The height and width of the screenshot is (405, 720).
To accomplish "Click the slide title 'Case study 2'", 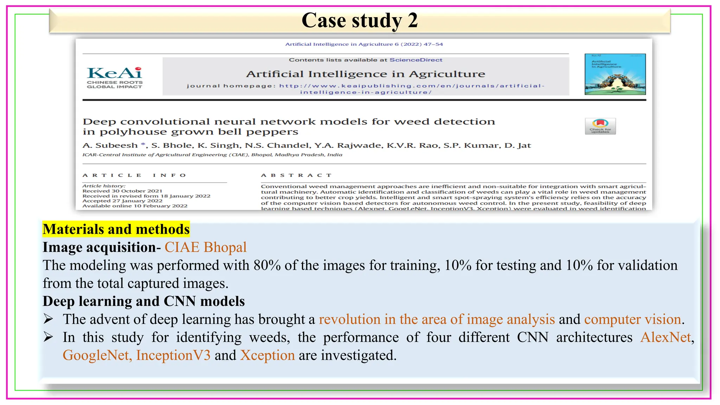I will point(360,20).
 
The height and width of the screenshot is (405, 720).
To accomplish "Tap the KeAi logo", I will point(115,77).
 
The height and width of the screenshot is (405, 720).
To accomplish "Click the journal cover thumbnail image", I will point(615,74).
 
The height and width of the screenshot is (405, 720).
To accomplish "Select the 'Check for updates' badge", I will point(600,126).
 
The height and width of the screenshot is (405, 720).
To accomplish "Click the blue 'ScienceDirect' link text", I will point(416,60).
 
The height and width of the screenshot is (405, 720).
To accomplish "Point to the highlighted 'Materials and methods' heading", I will point(116,229).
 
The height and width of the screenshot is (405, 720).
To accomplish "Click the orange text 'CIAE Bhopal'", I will point(205,247).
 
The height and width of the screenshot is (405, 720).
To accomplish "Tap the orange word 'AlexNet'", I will point(666,337).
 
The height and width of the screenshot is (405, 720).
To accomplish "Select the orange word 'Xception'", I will point(267,355).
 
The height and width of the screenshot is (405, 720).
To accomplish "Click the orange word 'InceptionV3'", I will point(173,355).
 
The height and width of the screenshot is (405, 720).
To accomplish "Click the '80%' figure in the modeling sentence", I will point(267,265).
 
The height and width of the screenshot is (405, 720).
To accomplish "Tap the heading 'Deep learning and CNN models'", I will point(143,301).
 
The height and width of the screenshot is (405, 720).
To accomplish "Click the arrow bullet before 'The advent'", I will point(48,319).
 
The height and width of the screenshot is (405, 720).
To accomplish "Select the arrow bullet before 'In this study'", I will point(48,337).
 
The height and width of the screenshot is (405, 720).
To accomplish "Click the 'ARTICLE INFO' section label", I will point(134,175).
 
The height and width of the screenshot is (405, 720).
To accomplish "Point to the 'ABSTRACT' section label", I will point(296,175).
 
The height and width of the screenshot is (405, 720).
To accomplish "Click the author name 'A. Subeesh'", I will point(110,146).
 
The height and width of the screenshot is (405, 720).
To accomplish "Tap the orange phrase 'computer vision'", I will point(632,319).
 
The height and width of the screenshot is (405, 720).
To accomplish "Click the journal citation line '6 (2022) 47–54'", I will point(418,44).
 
